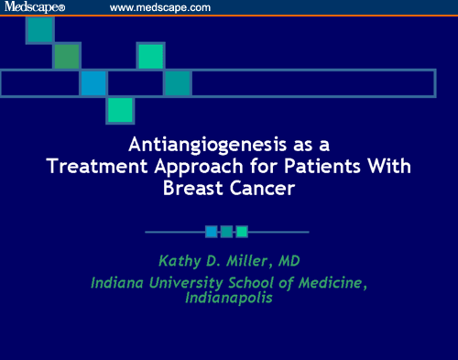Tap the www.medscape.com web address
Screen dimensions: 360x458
pyautogui.click(x=160, y=7)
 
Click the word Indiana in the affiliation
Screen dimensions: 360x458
pyautogui.click(x=121, y=282)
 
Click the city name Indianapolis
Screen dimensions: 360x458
pyautogui.click(x=228, y=299)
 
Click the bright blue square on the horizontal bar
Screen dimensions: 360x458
pyautogui.click(x=93, y=83)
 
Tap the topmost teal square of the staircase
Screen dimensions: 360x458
pyautogui.click(x=39, y=29)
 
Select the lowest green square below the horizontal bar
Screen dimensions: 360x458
pyautogui.click(x=120, y=110)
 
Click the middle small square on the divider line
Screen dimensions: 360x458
pyautogui.click(x=226, y=232)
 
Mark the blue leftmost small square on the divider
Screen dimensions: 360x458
pyautogui.click(x=211, y=232)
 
